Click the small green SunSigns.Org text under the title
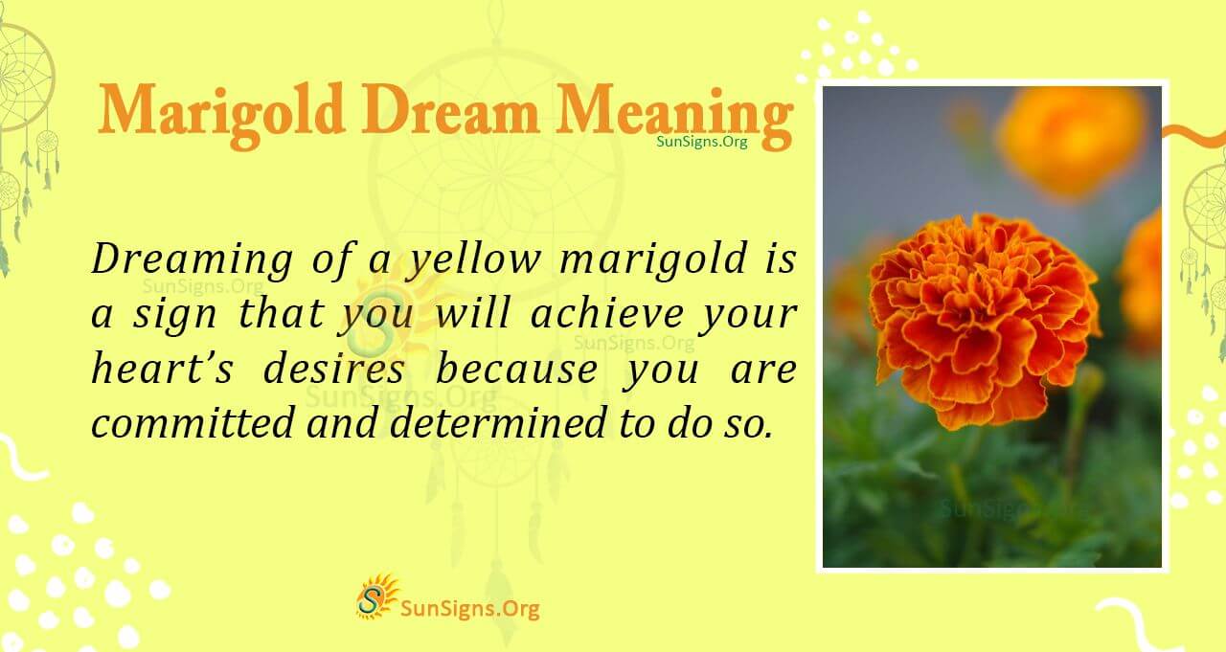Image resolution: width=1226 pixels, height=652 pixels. click(x=702, y=141)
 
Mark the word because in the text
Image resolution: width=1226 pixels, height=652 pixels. click(x=518, y=370)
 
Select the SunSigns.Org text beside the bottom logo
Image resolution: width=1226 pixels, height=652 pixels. click(x=469, y=607)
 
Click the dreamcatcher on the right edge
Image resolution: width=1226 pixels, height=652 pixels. click(x=1206, y=220)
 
